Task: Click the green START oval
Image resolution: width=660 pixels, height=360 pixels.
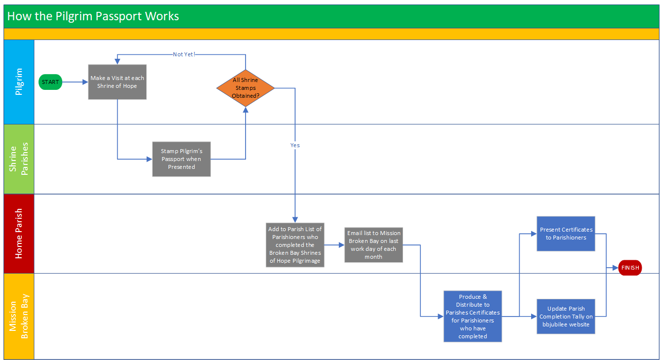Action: [x=50, y=82]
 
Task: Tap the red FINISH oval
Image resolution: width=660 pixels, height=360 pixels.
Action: [x=630, y=268]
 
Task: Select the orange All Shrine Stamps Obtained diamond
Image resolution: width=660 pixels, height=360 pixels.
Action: [x=246, y=88]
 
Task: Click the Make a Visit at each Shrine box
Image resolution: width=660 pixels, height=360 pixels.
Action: [x=117, y=82]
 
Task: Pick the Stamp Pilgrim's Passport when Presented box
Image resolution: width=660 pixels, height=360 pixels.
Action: [x=181, y=159]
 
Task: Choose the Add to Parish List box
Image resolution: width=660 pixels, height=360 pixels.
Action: [x=295, y=245]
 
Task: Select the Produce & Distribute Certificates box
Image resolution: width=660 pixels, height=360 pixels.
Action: [x=473, y=316]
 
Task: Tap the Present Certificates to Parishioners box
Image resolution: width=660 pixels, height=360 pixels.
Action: [x=566, y=234]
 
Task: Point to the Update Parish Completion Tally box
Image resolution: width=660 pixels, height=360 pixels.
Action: [x=566, y=317]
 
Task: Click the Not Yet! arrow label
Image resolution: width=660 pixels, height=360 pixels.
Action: [x=184, y=54]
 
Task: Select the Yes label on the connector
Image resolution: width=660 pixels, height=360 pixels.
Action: [x=295, y=145]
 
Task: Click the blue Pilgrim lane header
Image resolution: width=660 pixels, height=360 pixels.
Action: [x=19, y=82]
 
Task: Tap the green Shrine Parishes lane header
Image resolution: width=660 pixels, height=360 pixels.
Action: [x=19, y=159]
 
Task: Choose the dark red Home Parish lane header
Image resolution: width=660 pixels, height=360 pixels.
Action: [x=19, y=234]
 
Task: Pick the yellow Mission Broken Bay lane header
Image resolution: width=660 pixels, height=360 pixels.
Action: [x=19, y=317]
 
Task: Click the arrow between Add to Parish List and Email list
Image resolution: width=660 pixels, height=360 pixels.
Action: [x=334, y=245]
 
